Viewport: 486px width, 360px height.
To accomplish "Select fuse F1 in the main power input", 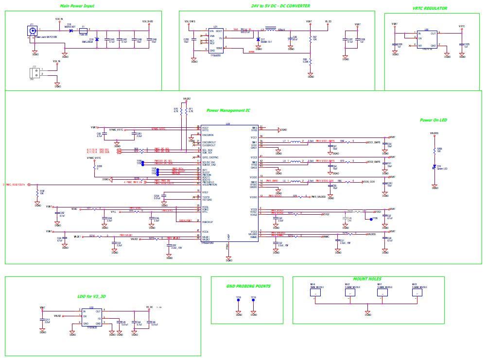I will coord(84,30).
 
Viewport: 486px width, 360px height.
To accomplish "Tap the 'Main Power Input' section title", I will coord(77,6).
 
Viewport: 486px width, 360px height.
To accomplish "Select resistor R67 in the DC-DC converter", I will coord(310,37).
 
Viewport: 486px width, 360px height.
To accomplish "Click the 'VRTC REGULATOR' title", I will coord(429,8).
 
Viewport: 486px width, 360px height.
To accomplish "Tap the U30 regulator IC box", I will coord(426,38).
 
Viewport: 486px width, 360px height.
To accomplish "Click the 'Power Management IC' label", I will coord(228,111).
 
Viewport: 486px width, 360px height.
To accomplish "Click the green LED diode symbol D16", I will coord(434,167).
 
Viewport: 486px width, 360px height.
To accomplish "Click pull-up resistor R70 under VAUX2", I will coord(181,111).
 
